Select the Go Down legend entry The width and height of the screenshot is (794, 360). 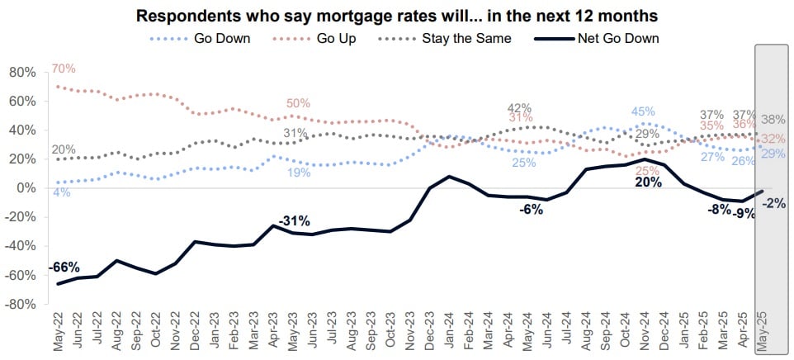click(222, 38)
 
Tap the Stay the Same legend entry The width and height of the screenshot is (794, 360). click(466, 38)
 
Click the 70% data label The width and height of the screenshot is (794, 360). click(63, 69)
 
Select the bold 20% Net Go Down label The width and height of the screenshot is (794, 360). click(649, 183)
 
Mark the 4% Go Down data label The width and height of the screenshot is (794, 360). click(61, 193)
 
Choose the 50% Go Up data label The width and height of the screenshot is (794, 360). click(298, 104)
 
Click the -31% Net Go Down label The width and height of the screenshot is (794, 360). click(294, 220)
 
